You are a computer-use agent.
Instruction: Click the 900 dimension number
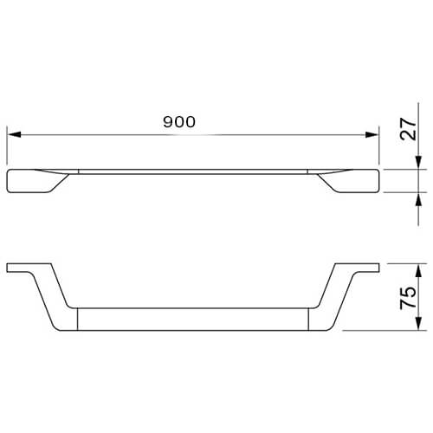tap(179, 122)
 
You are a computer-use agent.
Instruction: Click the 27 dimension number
tap(409, 129)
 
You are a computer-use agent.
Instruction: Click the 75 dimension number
tap(408, 298)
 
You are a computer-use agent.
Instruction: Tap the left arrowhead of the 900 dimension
tap(14, 134)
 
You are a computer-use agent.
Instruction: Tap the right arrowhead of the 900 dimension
tap(372, 134)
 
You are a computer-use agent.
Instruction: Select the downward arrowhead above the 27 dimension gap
tap(418, 163)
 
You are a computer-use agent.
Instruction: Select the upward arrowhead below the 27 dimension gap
tap(418, 199)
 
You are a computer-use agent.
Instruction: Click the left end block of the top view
tap(32, 181)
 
